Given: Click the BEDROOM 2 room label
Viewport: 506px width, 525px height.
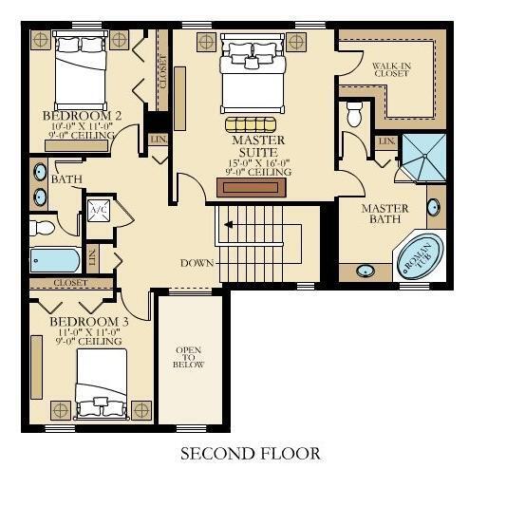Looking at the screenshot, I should point(79,117).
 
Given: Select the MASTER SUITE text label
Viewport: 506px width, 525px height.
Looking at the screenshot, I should point(257,146).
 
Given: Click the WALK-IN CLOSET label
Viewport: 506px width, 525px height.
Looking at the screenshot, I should point(391,69).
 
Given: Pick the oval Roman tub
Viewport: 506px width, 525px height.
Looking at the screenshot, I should point(418,256).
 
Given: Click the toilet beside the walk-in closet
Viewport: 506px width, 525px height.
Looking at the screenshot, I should point(355,113).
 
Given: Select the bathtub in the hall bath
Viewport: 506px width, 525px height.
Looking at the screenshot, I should point(56,259).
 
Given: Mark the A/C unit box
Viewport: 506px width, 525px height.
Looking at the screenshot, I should point(99,212).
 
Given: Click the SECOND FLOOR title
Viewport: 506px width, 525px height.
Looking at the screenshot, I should point(250,454).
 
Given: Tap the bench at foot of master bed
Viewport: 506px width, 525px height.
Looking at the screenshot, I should point(252,124).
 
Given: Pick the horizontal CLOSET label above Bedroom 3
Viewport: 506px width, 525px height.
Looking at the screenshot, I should point(71,283).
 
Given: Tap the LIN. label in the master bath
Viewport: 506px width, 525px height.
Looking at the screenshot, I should point(385,141).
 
